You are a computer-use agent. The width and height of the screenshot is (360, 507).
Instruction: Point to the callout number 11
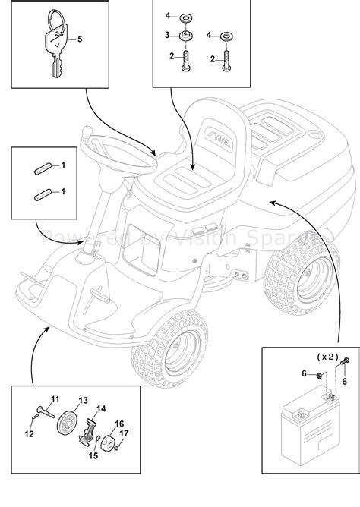tap(55, 399)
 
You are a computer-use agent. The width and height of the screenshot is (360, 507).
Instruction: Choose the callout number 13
tap(83, 401)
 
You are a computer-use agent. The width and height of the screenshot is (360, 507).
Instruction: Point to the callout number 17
tap(125, 435)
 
